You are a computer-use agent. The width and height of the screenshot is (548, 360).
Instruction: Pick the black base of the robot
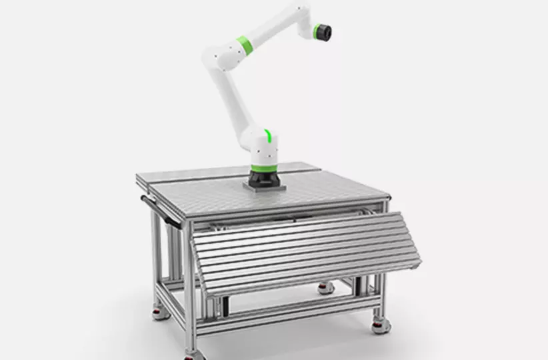point(265,179)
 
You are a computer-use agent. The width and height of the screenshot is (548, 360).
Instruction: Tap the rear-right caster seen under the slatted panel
point(325,288)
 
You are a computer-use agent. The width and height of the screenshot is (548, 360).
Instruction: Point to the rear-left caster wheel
point(159,311)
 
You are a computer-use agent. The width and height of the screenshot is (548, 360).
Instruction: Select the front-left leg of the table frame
point(189,293)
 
